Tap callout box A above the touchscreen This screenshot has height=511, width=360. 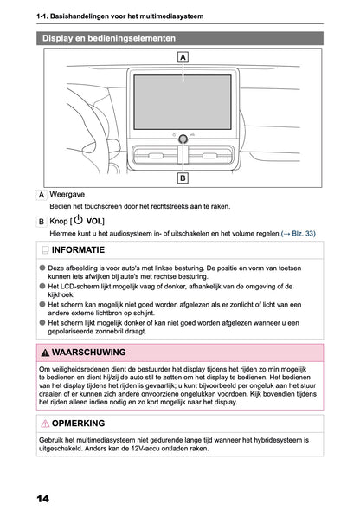tap(183, 57)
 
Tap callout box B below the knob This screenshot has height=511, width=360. tap(183, 178)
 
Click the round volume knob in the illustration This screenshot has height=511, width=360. tap(183, 137)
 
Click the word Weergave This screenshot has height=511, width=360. tap(67, 197)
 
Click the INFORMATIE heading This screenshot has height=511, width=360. tap(83, 251)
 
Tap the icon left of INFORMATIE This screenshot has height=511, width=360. tap(45, 251)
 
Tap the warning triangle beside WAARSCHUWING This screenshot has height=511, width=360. tap(45, 353)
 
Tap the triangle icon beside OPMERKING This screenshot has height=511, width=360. tap(45, 424)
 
